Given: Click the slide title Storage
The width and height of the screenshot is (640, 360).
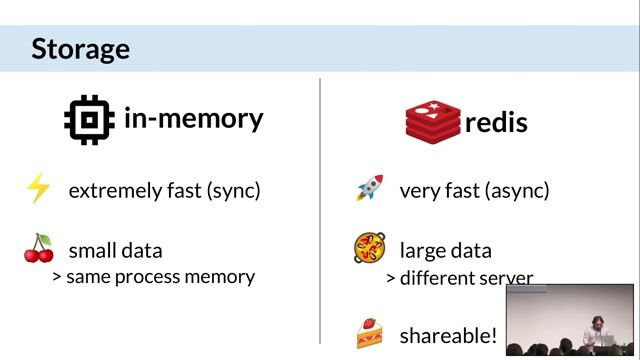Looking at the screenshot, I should pyautogui.click(x=80, y=48).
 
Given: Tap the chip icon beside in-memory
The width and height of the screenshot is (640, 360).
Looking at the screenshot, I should pyautogui.click(x=89, y=120).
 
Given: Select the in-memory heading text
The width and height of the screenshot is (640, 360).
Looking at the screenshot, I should pyautogui.click(x=193, y=118).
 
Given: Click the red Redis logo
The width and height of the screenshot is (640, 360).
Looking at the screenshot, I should pyautogui.click(x=432, y=121).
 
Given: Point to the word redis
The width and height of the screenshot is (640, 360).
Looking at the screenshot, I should pyautogui.click(x=496, y=122).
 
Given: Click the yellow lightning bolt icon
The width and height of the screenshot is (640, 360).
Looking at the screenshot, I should pyautogui.click(x=38, y=189).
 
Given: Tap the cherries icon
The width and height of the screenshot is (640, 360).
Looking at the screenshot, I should pyautogui.click(x=38, y=249).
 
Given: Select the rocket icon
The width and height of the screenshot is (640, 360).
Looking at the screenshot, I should pyautogui.click(x=369, y=189).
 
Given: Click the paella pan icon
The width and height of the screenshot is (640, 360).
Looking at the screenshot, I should pyautogui.click(x=369, y=247).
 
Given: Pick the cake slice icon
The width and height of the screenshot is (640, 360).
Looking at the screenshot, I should pyautogui.click(x=369, y=333).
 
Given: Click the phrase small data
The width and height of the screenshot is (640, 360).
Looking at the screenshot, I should pyautogui.click(x=115, y=250).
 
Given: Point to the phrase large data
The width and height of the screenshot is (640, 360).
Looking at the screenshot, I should pyautogui.click(x=445, y=250).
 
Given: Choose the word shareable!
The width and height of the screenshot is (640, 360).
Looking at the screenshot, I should pyautogui.click(x=448, y=335).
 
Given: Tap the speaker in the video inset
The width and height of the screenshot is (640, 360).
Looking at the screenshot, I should pyautogui.click(x=605, y=325).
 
